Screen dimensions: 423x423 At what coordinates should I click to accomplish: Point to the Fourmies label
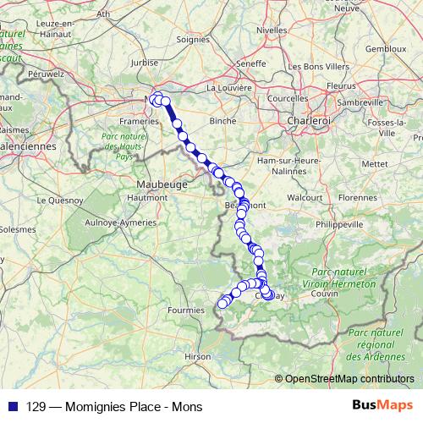tap(186, 310)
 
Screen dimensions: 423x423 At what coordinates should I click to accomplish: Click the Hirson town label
tap(197, 357)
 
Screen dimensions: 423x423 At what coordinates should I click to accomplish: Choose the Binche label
tap(223, 121)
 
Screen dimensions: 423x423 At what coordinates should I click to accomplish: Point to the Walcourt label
tap(305, 197)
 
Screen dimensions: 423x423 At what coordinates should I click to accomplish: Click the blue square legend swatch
tap(14, 406)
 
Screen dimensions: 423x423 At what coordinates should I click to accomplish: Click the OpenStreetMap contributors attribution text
tap(349, 378)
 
